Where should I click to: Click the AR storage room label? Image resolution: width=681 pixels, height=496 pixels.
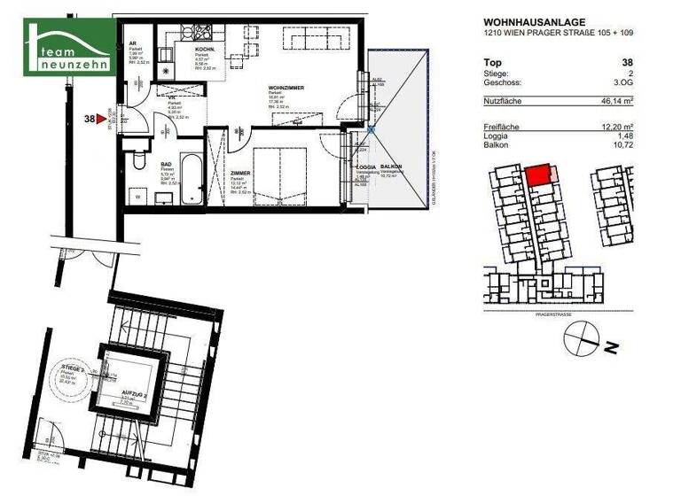coord(131,43)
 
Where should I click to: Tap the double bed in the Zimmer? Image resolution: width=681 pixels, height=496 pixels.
coord(279,175)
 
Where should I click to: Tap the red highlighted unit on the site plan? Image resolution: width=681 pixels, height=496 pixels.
coord(537,174)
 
